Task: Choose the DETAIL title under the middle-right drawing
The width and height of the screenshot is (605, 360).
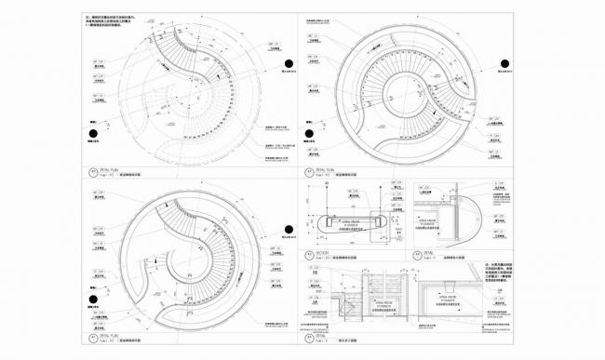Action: coord(423,251)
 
